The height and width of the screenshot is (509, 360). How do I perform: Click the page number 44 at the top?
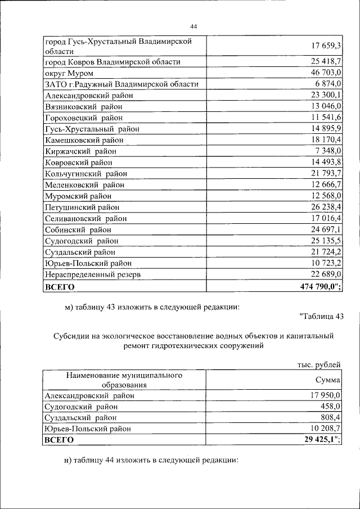(193, 26)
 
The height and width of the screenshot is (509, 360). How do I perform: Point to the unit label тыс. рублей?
(319, 365)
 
